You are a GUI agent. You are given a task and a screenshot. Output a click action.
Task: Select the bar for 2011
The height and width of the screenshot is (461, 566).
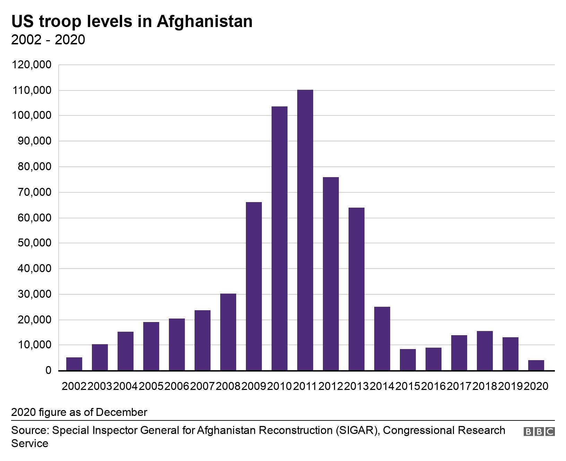(x=305, y=230)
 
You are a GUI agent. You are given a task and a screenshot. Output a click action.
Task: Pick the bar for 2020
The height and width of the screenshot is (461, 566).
(x=536, y=365)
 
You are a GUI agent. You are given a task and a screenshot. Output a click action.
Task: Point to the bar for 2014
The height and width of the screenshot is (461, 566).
(x=382, y=339)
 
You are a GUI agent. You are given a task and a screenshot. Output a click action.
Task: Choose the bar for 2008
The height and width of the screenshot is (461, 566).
(x=228, y=332)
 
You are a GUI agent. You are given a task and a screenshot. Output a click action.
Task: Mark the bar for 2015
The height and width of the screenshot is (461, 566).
(x=408, y=360)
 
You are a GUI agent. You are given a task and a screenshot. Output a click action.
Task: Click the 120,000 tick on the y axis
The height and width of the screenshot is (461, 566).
(x=32, y=65)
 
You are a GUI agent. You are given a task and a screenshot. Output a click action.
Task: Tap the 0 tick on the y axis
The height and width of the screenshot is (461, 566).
(x=48, y=371)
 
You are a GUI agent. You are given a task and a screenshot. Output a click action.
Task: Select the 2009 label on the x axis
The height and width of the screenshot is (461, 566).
(x=254, y=386)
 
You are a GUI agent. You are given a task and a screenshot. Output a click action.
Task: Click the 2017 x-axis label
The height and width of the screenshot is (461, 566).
(x=459, y=386)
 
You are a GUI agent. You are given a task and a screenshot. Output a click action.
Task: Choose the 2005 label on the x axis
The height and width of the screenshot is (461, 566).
(x=151, y=386)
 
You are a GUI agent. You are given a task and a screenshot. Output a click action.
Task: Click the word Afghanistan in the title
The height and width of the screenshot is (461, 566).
(x=205, y=21)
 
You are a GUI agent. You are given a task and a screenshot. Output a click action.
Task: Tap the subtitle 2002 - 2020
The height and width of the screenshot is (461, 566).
(x=48, y=40)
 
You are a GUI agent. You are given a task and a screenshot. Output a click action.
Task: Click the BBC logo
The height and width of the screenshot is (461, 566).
(x=539, y=432)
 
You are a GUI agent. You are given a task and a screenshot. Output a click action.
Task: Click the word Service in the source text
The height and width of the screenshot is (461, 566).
(x=30, y=443)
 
